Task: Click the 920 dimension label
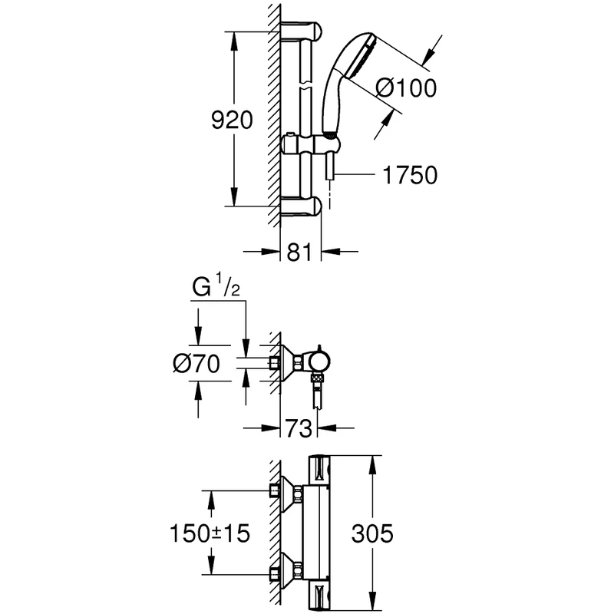pyautogui.click(x=231, y=120)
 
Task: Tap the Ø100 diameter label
pyautogui.click(x=406, y=88)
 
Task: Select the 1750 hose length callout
pyautogui.click(x=408, y=175)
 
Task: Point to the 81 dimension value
pyautogui.click(x=298, y=251)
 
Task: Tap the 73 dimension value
pyautogui.click(x=299, y=427)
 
